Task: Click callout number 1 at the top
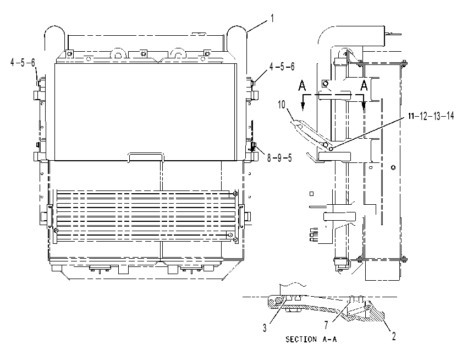[x=272, y=19]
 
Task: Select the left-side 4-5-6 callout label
[x=23, y=63]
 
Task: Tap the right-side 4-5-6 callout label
[x=282, y=67]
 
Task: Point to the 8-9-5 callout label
[x=279, y=158]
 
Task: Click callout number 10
[x=282, y=105]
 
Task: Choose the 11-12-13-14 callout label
[x=431, y=116]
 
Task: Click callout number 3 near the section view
[x=265, y=328]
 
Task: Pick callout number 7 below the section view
[x=326, y=325]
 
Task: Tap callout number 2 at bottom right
[x=394, y=336]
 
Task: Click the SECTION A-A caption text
[x=311, y=340]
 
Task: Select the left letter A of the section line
[x=302, y=86]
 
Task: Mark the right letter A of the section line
[x=364, y=85]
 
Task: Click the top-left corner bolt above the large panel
[x=69, y=53]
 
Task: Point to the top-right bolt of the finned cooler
[x=235, y=194]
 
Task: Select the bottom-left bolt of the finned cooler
[x=56, y=230]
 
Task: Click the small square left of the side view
[x=311, y=194]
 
